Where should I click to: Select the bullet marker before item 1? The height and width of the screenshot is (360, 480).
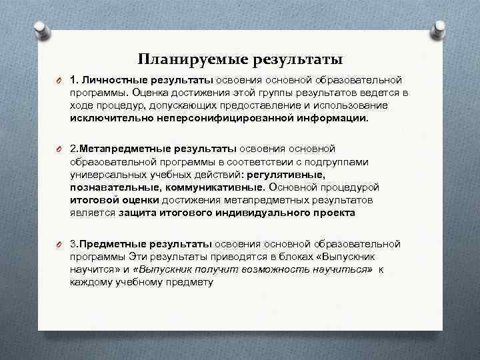point(58,81)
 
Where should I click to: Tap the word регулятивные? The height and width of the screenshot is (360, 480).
point(286,174)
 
